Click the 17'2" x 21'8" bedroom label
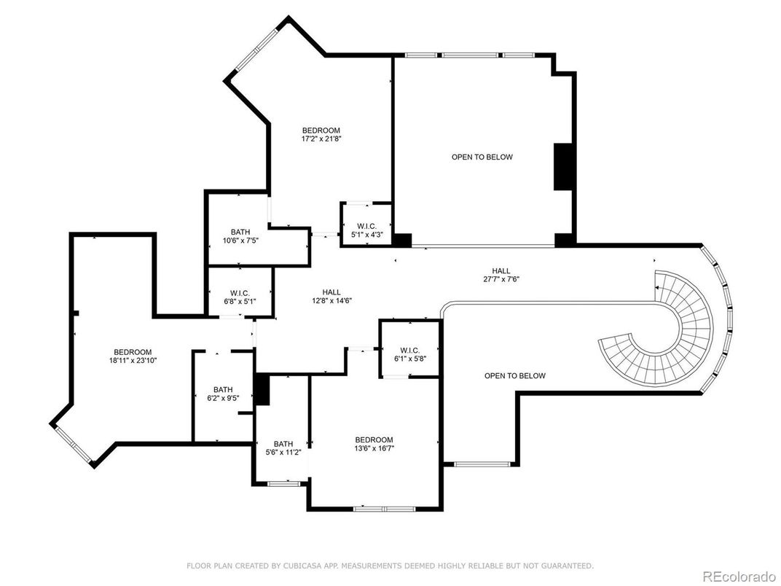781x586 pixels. click(321, 134)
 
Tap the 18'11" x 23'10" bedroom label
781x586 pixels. click(132, 356)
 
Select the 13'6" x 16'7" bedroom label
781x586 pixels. click(374, 444)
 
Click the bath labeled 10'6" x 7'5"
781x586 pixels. click(240, 236)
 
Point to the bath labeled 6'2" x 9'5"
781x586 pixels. click(223, 394)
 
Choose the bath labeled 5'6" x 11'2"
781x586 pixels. click(283, 448)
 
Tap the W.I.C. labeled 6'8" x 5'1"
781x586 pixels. click(240, 297)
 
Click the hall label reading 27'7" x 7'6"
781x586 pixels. click(501, 274)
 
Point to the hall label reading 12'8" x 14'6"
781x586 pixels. click(331, 296)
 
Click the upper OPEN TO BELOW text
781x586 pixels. click(482, 157)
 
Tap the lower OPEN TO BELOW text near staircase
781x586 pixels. click(514, 375)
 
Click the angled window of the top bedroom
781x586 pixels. click(256, 50)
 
